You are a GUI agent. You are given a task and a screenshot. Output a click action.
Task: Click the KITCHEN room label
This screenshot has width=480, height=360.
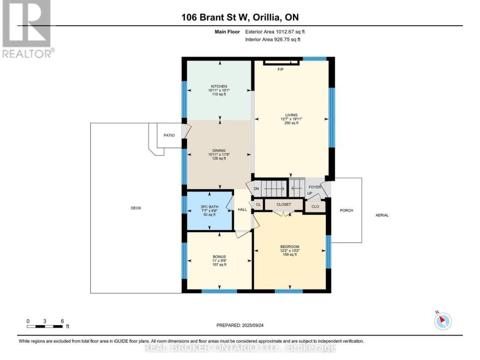coord(219,86)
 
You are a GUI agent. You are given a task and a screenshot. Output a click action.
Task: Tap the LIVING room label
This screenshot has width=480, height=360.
coord(292,115)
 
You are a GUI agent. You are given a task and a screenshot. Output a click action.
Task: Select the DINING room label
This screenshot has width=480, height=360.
coord(219,151)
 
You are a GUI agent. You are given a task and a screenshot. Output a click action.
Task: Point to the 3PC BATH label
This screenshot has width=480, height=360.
coord(209,207)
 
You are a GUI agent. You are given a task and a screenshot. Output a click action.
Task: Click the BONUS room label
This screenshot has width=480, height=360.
coord(219,257)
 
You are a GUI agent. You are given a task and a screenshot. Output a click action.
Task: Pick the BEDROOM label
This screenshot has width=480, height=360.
coord(290,247)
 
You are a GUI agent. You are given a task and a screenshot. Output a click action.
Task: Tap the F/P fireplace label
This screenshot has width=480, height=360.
coord(280,69)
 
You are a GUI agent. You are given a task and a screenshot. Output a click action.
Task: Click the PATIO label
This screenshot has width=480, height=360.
coord(169,135)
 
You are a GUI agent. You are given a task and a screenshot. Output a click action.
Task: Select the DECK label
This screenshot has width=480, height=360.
coord(136,208)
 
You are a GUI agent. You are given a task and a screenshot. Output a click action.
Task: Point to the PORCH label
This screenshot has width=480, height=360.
coord(347,211)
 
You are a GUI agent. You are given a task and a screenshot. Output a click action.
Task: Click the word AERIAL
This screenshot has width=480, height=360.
coord(382,215)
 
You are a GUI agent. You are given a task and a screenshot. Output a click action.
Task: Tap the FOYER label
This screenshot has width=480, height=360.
coord(315,187)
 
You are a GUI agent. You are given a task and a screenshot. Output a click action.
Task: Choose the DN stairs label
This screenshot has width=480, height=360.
coord(256,189)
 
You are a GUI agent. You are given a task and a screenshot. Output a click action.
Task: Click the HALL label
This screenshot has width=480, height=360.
coord(243,210)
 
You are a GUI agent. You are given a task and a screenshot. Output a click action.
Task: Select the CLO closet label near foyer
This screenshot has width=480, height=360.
coord(315,207)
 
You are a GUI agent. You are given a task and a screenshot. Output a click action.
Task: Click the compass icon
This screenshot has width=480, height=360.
coord(443,321)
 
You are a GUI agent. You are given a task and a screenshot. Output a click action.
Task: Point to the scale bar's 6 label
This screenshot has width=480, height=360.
coord(62,321)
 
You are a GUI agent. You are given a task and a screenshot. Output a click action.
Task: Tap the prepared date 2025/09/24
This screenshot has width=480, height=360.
coord(252,325)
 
